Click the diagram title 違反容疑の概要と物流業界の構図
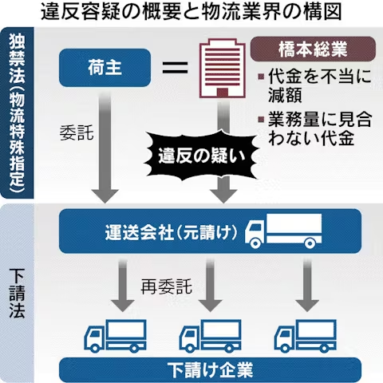191,12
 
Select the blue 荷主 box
105,68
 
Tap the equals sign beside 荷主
176,68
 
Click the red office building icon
223,69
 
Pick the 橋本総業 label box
313,49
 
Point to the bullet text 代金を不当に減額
317,85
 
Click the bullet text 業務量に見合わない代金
317,128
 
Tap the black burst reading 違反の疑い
202,156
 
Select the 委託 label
77,132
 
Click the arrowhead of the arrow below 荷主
105,196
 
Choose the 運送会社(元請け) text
171,232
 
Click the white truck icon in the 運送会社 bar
283,231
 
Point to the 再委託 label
167,286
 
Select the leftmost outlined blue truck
116,336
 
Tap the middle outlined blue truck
211,336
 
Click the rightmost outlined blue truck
306,336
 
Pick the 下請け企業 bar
210,370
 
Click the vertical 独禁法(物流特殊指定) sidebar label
17,113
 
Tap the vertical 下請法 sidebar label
17,294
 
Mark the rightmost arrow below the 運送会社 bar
307,286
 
